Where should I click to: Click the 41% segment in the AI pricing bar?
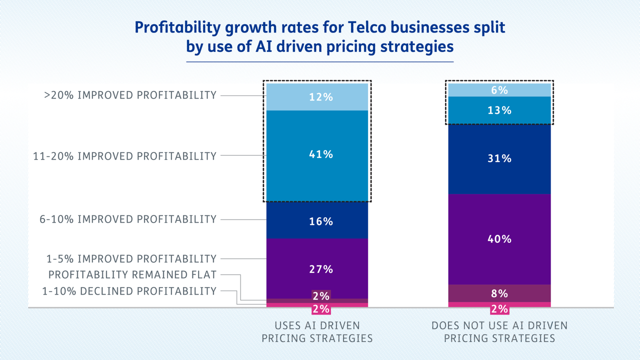point(317,155)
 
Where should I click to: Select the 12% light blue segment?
point(317,96)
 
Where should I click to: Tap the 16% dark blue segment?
point(317,221)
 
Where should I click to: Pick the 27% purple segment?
point(317,269)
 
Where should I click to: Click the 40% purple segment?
point(499,239)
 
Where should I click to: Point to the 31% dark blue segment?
point(499,158)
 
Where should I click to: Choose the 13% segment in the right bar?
point(499,110)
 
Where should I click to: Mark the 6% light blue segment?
point(499,90)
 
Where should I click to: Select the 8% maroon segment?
point(499,293)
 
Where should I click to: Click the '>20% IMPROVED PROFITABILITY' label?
point(130,95)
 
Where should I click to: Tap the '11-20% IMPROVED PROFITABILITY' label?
point(125,156)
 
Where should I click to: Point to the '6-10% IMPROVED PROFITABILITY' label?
point(128,219)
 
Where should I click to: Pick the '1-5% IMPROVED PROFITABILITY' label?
point(131,259)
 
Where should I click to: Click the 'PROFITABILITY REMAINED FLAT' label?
point(132,275)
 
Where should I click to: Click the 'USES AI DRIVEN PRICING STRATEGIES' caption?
point(317,332)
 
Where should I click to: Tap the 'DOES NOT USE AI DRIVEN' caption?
point(499,326)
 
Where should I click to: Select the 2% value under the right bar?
point(499,309)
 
